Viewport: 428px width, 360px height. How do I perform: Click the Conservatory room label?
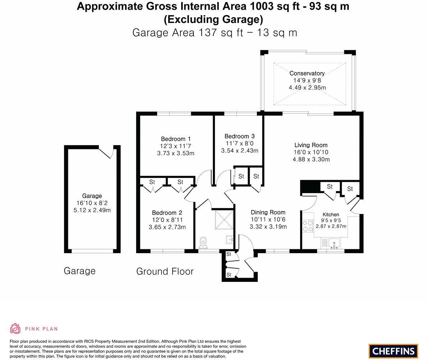307,73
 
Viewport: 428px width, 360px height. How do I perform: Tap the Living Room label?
311,145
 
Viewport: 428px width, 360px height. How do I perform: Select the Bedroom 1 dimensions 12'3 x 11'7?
175,146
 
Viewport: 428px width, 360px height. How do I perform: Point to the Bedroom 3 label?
239,136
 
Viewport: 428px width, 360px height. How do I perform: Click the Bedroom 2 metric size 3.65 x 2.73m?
167,227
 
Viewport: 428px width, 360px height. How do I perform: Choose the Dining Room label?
268,212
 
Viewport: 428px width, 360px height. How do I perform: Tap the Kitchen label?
331,214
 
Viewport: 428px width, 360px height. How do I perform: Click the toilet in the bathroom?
203,242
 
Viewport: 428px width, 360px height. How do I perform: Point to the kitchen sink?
334,244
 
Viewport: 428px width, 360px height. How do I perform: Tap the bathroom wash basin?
230,239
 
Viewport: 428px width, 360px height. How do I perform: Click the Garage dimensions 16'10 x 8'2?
92,203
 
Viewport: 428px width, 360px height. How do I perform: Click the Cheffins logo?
393,351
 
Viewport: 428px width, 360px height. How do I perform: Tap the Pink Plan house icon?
15,328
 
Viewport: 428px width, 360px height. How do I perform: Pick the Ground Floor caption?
165,271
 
